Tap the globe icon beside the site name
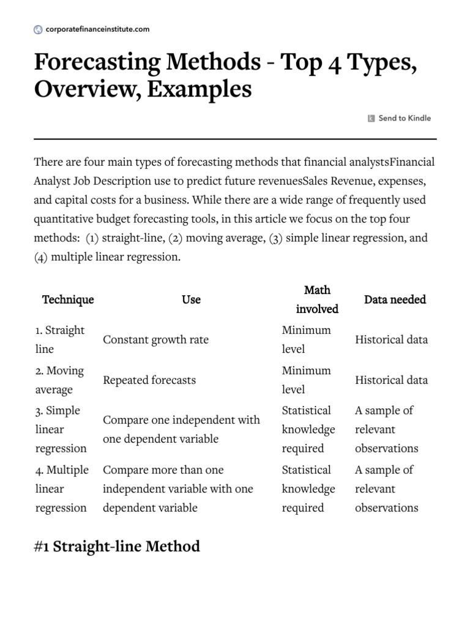(38, 29)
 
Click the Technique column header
(68, 300)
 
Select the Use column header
(191, 300)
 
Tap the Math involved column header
(317, 300)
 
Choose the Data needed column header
(395, 300)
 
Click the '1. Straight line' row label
(60, 339)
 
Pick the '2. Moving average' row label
(60, 380)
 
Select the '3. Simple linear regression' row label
(61, 429)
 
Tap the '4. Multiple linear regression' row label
(62, 488)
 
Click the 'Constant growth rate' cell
(155, 339)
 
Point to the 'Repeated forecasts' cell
(149, 380)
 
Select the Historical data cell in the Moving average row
(391, 380)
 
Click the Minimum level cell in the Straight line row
(306, 339)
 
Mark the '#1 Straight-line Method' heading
(117, 546)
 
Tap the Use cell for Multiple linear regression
(178, 488)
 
